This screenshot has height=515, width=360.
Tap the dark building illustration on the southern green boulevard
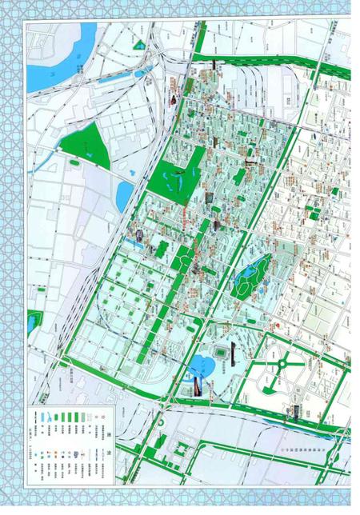[x=294, y=411]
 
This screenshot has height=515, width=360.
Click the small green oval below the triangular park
[x=74, y=163]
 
